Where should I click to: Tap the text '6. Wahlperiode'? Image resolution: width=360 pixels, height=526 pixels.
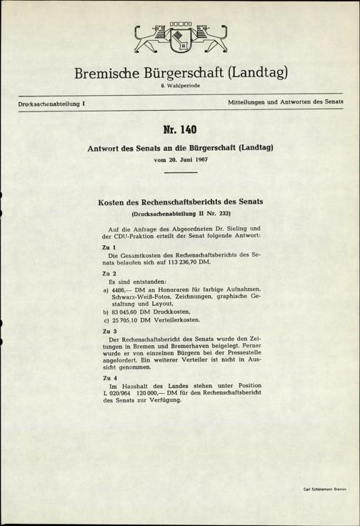coord(179,86)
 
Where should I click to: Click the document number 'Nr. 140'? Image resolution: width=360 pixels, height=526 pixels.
coord(179,131)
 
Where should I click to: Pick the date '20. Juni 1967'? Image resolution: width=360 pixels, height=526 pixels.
coord(187,160)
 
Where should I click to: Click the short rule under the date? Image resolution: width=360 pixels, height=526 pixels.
coord(179,172)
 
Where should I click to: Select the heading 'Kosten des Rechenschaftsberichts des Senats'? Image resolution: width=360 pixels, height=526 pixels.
coord(179,202)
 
